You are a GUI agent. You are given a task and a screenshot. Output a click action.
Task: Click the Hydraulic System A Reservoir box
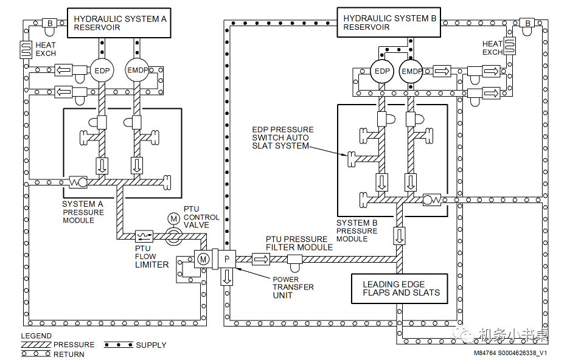[119, 22]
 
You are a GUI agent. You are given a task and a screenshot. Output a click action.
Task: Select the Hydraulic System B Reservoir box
[389, 22]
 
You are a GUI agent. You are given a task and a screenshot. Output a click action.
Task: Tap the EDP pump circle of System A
[102, 71]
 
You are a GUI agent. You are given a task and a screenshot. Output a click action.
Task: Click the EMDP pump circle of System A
[137, 70]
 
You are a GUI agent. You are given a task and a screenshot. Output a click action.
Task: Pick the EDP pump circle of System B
[382, 71]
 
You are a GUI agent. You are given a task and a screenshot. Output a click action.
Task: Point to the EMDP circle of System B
[411, 72]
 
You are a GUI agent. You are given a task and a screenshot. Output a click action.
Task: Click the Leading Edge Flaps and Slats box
[400, 288]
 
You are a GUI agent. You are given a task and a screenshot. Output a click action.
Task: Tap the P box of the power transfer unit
[227, 259]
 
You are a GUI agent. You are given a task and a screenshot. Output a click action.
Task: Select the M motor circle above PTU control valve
[174, 218]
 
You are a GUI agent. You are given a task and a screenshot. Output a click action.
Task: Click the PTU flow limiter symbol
[144, 237]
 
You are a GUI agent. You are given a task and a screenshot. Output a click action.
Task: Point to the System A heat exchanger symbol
[26, 49]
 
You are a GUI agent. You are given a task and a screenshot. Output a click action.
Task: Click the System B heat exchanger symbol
[509, 46]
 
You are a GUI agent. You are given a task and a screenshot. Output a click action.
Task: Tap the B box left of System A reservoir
[49, 24]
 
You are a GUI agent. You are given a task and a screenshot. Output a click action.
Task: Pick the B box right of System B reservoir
[527, 23]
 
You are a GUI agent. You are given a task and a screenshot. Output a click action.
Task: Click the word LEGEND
[36, 336]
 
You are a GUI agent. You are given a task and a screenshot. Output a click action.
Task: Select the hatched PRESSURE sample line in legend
[36, 345]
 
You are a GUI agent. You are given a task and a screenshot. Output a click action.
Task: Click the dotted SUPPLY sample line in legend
[119, 345]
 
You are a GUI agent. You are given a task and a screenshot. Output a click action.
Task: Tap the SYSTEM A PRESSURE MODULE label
[83, 212]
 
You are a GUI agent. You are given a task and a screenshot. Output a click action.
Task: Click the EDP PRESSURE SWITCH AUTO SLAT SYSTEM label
[283, 137]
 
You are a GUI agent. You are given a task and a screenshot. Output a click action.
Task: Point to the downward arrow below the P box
[227, 277]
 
